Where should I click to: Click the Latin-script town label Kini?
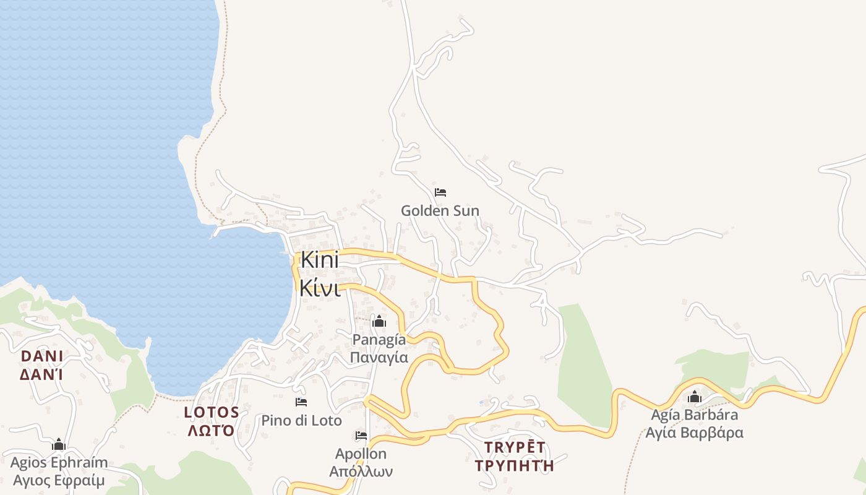point(320,260)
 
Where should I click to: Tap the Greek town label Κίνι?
point(320,287)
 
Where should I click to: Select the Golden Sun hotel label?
point(440,210)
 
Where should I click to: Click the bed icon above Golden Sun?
point(440,192)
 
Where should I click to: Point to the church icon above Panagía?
point(379,321)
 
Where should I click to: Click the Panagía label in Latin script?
point(379,339)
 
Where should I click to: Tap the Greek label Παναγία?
point(379,357)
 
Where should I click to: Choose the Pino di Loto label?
point(301,421)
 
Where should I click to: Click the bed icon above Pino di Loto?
point(301,402)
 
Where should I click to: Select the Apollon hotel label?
point(361,454)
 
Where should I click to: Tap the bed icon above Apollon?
point(361,436)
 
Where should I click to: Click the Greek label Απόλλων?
point(361,471)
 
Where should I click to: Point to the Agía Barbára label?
point(694,415)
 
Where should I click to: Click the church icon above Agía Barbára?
point(695,397)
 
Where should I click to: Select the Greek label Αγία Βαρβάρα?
point(694,433)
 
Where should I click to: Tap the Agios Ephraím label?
point(59,462)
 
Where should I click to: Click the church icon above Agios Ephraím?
point(59,444)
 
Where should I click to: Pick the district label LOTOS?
point(212,412)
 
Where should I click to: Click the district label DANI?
point(42,356)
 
